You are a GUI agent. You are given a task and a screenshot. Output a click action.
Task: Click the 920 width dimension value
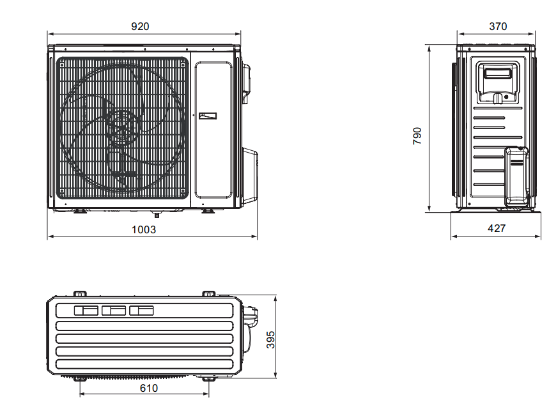click(140, 26)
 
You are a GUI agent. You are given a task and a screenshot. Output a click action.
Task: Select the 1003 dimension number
click(144, 229)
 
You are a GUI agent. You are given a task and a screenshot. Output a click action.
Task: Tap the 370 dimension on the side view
click(498, 26)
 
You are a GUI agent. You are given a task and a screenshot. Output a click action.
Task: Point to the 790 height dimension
click(417, 136)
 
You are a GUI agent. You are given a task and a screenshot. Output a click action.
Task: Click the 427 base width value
click(497, 228)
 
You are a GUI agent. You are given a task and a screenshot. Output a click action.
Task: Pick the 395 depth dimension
click(270, 339)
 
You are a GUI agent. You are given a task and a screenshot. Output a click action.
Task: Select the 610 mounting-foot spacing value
click(149, 388)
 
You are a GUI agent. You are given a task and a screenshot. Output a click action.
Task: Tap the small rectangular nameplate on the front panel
click(208, 116)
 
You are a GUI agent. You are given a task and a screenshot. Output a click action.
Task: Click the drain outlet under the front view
click(157, 214)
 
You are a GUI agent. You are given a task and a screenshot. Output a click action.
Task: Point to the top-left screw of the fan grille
click(62, 65)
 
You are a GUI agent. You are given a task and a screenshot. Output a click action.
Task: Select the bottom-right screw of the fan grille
click(182, 191)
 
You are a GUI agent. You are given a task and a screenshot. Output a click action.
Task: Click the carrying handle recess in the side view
click(497, 83)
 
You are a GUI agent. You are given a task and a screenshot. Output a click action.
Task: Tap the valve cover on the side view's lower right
click(516, 176)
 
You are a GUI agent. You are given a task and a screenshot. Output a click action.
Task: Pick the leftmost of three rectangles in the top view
click(86, 310)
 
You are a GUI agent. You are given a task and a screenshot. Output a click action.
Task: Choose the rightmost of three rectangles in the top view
click(141, 310)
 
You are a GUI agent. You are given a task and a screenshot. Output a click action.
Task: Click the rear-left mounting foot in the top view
click(80, 293)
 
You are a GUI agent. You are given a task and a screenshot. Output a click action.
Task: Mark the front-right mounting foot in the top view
click(209, 378)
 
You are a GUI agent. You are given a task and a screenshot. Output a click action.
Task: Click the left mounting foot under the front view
click(80, 211)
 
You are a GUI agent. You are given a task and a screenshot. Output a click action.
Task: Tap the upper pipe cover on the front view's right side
click(247, 83)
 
